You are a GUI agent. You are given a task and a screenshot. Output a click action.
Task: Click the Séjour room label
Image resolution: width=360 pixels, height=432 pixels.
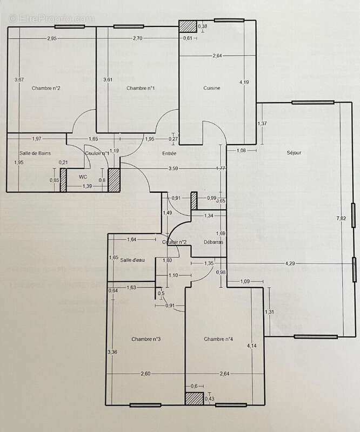pyautogui.click(x=294, y=153)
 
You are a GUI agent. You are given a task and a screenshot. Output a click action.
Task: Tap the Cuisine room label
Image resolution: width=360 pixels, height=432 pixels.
pyautogui.click(x=211, y=88)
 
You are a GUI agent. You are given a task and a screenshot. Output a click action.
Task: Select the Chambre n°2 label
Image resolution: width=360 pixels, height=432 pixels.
pyautogui.click(x=45, y=88)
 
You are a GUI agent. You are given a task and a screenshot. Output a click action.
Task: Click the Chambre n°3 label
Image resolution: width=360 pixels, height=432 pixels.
pyautogui.click(x=146, y=339)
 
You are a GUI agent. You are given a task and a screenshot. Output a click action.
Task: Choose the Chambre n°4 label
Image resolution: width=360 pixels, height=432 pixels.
pyautogui.click(x=218, y=339)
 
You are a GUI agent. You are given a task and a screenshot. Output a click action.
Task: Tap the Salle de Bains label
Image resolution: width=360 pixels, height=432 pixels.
pyautogui.click(x=35, y=153)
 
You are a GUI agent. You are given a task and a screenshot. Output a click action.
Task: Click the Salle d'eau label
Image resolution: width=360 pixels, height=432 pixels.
pyautogui.click(x=133, y=259)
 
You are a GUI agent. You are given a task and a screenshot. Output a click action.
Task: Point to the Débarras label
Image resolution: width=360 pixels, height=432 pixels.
pyautogui.click(x=214, y=242)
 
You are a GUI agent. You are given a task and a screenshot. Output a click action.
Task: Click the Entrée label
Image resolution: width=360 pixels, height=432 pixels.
pyautogui.click(x=169, y=153)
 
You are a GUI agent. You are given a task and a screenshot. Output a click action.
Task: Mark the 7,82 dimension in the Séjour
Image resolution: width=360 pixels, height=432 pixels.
pyautogui.click(x=341, y=218)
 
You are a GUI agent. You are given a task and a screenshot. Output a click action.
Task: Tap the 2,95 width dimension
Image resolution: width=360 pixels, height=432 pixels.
pyautogui.click(x=52, y=38)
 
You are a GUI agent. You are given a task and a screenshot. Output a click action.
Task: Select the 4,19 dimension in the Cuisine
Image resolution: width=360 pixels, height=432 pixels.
pyautogui.click(x=244, y=82)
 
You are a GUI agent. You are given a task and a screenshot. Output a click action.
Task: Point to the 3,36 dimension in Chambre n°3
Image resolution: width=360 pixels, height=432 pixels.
pyautogui.click(x=112, y=352)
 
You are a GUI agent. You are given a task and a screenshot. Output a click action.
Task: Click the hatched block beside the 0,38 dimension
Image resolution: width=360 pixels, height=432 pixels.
pyautogui.click(x=188, y=27)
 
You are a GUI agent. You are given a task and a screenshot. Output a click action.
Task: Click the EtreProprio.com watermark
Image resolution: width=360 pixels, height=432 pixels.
pyautogui.click(x=51, y=18)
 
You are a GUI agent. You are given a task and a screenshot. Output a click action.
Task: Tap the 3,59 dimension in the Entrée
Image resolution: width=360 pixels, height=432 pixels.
pyautogui.click(x=174, y=169)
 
